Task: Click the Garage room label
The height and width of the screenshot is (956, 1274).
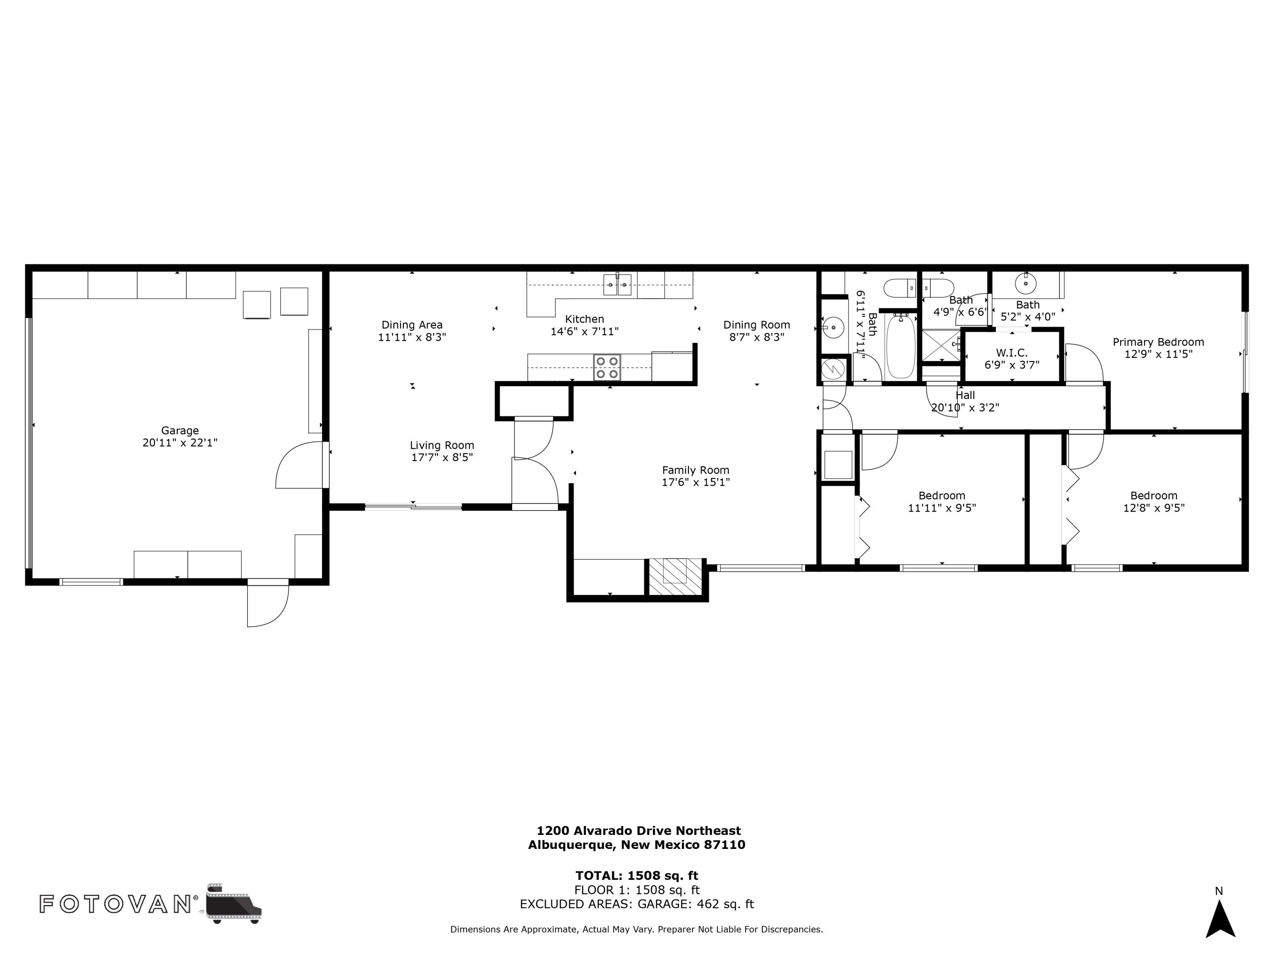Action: pyautogui.click(x=180, y=430)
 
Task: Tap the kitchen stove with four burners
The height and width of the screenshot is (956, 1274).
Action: pyautogui.click(x=607, y=367)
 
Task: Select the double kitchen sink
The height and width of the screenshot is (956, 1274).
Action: pyautogui.click(x=617, y=285)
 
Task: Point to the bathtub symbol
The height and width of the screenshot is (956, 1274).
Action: pyautogui.click(x=901, y=346)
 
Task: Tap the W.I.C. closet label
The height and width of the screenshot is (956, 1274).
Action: pyautogui.click(x=1012, y=353)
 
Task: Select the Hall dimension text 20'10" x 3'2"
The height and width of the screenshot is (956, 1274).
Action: pyautogui.click(x=965, y=407)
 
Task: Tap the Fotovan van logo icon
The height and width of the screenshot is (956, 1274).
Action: pyautogui.click(x=233, y=903)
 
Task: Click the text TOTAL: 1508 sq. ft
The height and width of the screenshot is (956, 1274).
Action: pyautogui.click(x=637, y=876)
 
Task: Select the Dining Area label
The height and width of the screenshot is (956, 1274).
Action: pyautogui.click(x=412, y=325)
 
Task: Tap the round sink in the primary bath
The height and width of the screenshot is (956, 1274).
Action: pyautogui.click(x=1025, y=283)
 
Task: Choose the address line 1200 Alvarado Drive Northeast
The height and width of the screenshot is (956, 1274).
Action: pyautogui.click(x=639, y=831)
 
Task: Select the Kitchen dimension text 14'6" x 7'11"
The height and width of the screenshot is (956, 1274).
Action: pyautogui.click(x=585, y=331)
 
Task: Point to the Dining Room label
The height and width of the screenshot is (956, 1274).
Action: pyautogui.click(x=757, y=325)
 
